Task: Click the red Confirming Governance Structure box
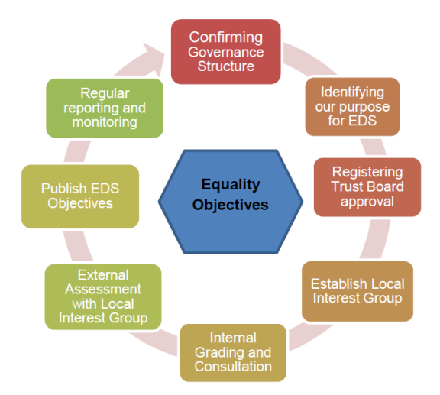click(x=226, y=52)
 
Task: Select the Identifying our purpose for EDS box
click(x=352, y=107)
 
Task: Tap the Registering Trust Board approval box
click(x=367, y=187)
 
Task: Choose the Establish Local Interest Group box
click(x=357, y=291)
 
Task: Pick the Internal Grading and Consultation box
click(x=233, y=353)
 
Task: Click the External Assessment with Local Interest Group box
click(x=103, y=296)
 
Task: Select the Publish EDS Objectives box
click(x=80, y=196)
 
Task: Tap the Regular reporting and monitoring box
click(x=105, y=108)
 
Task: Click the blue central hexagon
click(x=231, y=202)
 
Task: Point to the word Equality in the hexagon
click(x=231, y=185)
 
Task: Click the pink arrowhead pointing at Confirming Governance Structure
click(x=153, y=57)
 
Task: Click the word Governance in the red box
click(x=226, y=52)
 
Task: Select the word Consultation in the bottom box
click(x=233, y=367)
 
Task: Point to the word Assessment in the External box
click(x=103, y=289)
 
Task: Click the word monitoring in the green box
click(x=105, y=123)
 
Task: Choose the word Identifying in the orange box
click(x=352, y=92)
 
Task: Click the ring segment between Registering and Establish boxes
click(x=376, y=238)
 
